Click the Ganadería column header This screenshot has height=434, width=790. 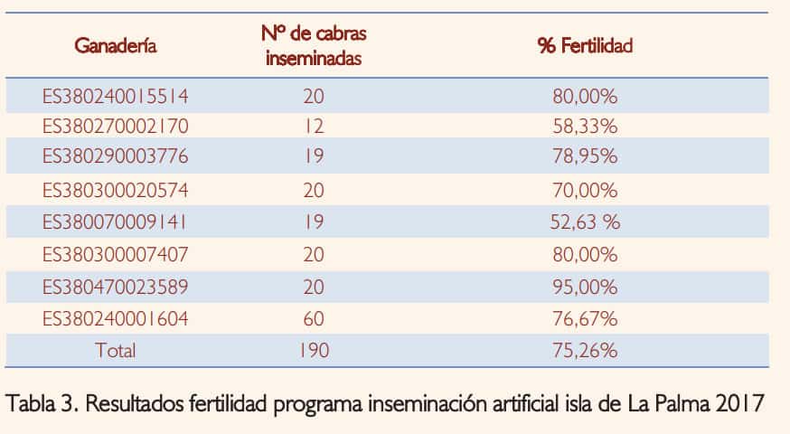(x=116, y=45)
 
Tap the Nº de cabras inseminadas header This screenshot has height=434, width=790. (x=314, y=46)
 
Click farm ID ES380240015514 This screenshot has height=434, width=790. (x=116, y=95)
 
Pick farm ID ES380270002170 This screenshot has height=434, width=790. (x=116, y=126)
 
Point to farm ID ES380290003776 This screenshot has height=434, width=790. (x=116, y=156)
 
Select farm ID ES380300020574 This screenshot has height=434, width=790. (x=116, y=191)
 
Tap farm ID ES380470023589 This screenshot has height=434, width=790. (x=116, y=288)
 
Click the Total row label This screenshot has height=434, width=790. (x=116, y=351)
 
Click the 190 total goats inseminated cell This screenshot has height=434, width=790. (x=314, y=351)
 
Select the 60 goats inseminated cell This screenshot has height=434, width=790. (x=314, y=319)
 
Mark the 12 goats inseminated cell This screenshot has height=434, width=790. (x=314, y=126)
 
